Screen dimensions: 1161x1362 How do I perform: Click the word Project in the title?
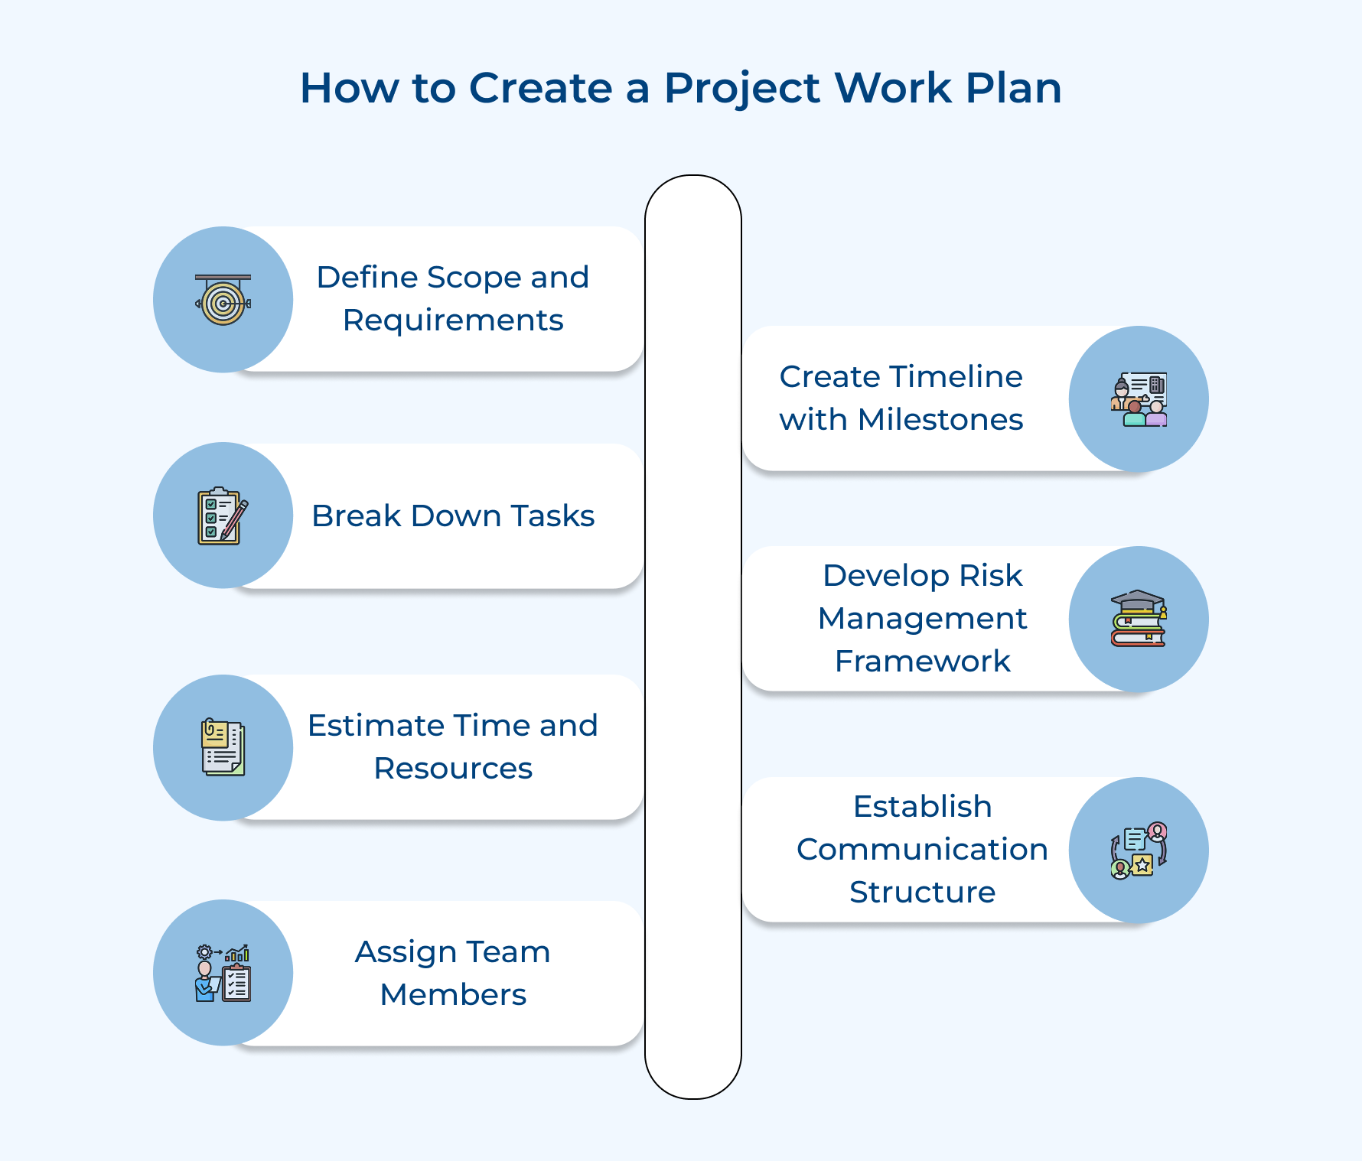coord(741,89)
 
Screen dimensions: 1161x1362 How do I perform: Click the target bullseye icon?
coord(223,301)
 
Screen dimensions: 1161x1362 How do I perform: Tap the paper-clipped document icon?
coord(223,747)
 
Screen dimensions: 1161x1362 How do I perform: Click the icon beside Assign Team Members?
coord(223,973)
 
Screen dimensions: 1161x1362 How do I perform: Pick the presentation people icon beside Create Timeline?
coord(1139,400)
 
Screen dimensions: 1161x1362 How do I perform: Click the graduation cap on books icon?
coord(1139,618)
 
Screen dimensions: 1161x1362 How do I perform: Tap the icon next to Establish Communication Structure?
coord(1139,850)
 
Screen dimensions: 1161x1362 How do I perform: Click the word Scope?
coord(474,278)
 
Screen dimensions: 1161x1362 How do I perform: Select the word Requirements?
coord(453,320)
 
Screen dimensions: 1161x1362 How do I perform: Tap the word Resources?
coord(453,769)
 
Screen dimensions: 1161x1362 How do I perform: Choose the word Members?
coord(453,995)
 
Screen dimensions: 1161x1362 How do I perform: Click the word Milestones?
coord(940,420)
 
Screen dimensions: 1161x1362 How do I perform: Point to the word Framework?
coord(923,662)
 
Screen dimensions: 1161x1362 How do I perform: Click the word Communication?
coord(922,850)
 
